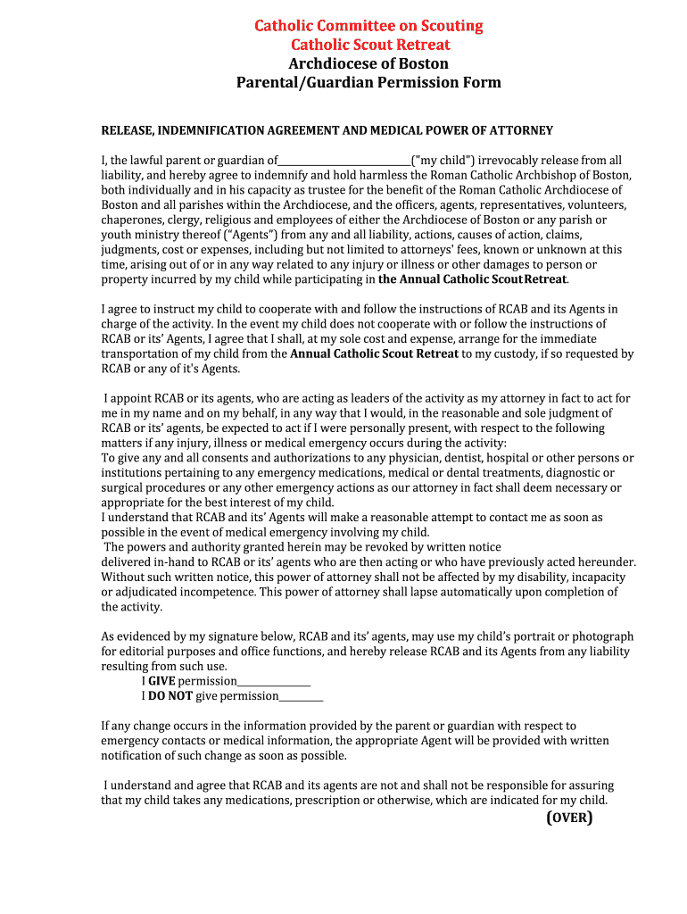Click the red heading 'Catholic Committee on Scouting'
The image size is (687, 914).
pos(368,26)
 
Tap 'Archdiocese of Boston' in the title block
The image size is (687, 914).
pos(368,63)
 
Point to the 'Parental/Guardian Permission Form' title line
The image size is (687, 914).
pos(368,83)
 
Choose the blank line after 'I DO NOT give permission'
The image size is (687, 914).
pos(302,697)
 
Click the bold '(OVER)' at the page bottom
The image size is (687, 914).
pos(569,818)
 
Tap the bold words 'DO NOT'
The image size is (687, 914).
pos(170,696)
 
